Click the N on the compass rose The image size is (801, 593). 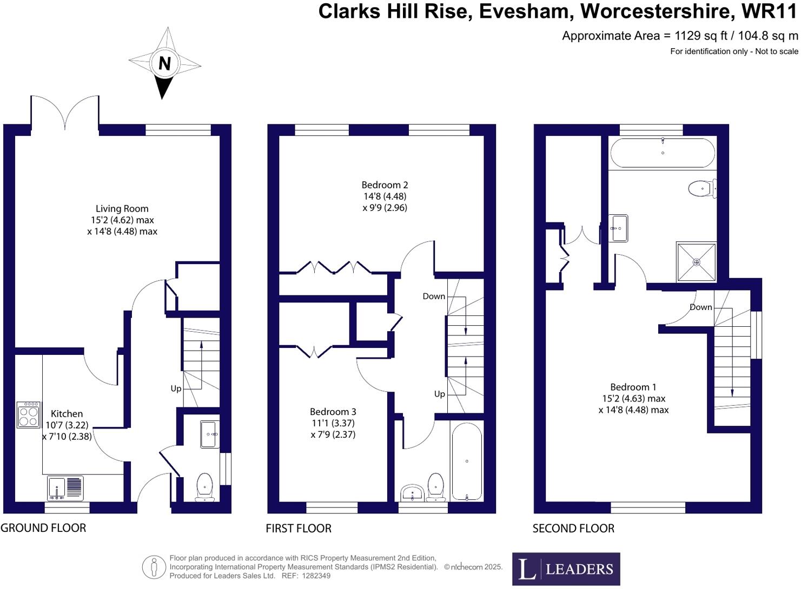coord(164,64)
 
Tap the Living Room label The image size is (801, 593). coord(122,208)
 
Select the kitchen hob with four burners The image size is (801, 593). coord(29,415)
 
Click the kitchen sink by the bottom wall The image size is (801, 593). coord(65,488)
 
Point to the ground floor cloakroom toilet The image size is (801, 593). coord(205,487)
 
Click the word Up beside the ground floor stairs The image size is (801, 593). coord(176,389)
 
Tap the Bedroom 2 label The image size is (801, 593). coord(385,185)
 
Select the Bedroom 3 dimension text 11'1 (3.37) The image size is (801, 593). coord(333,423)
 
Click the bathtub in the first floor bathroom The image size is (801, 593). coord(467,462)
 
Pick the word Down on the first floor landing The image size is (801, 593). coord(434,296)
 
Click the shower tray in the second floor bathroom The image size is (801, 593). coord(696,262)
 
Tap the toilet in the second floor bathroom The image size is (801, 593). coord(703,189)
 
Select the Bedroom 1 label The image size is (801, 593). coord(633,387)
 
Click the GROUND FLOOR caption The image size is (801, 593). coord(43,528)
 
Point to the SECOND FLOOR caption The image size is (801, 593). coord(573,529)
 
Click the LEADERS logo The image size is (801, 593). coord(566,569)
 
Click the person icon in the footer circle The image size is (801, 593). coord(154,568)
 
